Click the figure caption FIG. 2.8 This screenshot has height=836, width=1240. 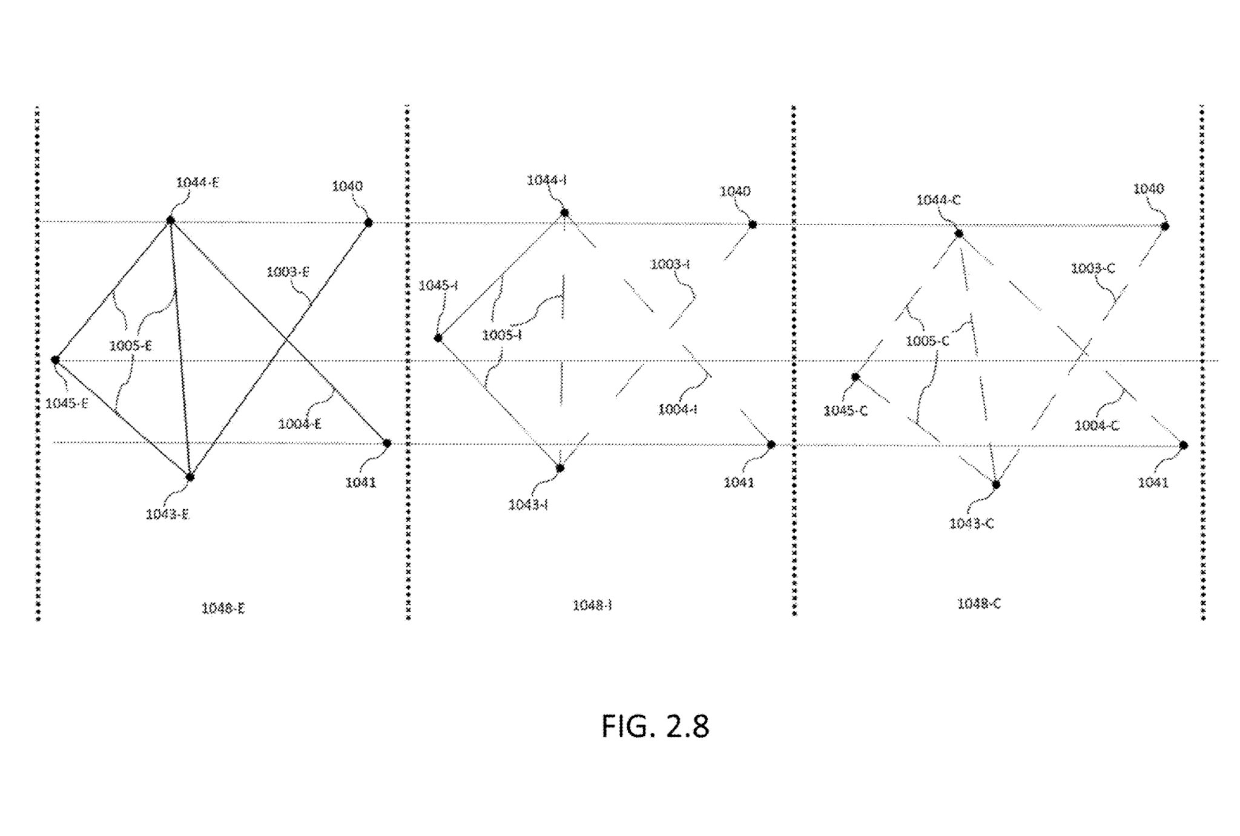(x=655, y=726)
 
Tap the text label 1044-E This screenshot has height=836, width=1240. (x=197, y=183)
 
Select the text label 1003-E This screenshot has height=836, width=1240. (x=288, y=272)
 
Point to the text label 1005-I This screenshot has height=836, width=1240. (x=501, y=335)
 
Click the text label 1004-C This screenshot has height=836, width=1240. (x=1097, y=426)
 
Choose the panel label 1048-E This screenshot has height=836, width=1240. (x=223, y=608)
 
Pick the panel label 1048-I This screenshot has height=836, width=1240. (x=592, y=605)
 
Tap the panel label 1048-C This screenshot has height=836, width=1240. (x=978, y=604)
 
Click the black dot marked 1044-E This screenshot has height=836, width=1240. (x=171, y=220)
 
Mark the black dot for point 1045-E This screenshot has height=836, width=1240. (x=55, y=360)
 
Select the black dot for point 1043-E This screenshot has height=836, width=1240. (x=190, y=477)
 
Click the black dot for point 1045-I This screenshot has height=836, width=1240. (x=438, y=338)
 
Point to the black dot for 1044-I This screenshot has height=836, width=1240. (x=564, y=212)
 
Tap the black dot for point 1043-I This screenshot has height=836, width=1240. (x=560, y=468)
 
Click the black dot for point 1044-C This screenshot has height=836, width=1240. (x=958, y=234)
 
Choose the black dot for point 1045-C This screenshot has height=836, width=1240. (x=856, y=377)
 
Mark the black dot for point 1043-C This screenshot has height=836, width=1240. (x=996, y=484)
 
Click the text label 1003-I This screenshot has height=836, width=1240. (x=670, y=265)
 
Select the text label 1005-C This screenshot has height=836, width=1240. (x=927, y=341)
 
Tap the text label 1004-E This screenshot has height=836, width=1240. (x=300, y=424)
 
